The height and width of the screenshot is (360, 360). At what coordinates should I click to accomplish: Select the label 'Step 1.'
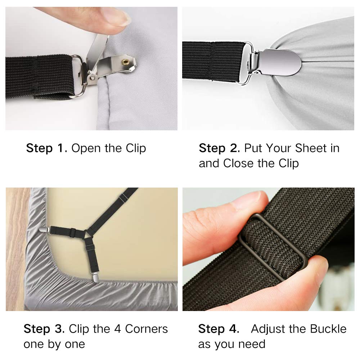[x=46, y=148]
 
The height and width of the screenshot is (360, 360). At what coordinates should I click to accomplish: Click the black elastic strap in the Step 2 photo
[x=212, y=60]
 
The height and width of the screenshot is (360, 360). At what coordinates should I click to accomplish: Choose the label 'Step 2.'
[x=219, y=148]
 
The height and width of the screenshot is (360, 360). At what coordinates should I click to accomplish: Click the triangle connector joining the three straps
[x=87, y=235]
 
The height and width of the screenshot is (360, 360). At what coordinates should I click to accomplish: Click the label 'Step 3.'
[x=44, y=329]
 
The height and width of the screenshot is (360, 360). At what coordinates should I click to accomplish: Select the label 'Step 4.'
[x=219, y=329]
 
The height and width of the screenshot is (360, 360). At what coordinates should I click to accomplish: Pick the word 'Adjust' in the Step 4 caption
[x=268, y=329]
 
